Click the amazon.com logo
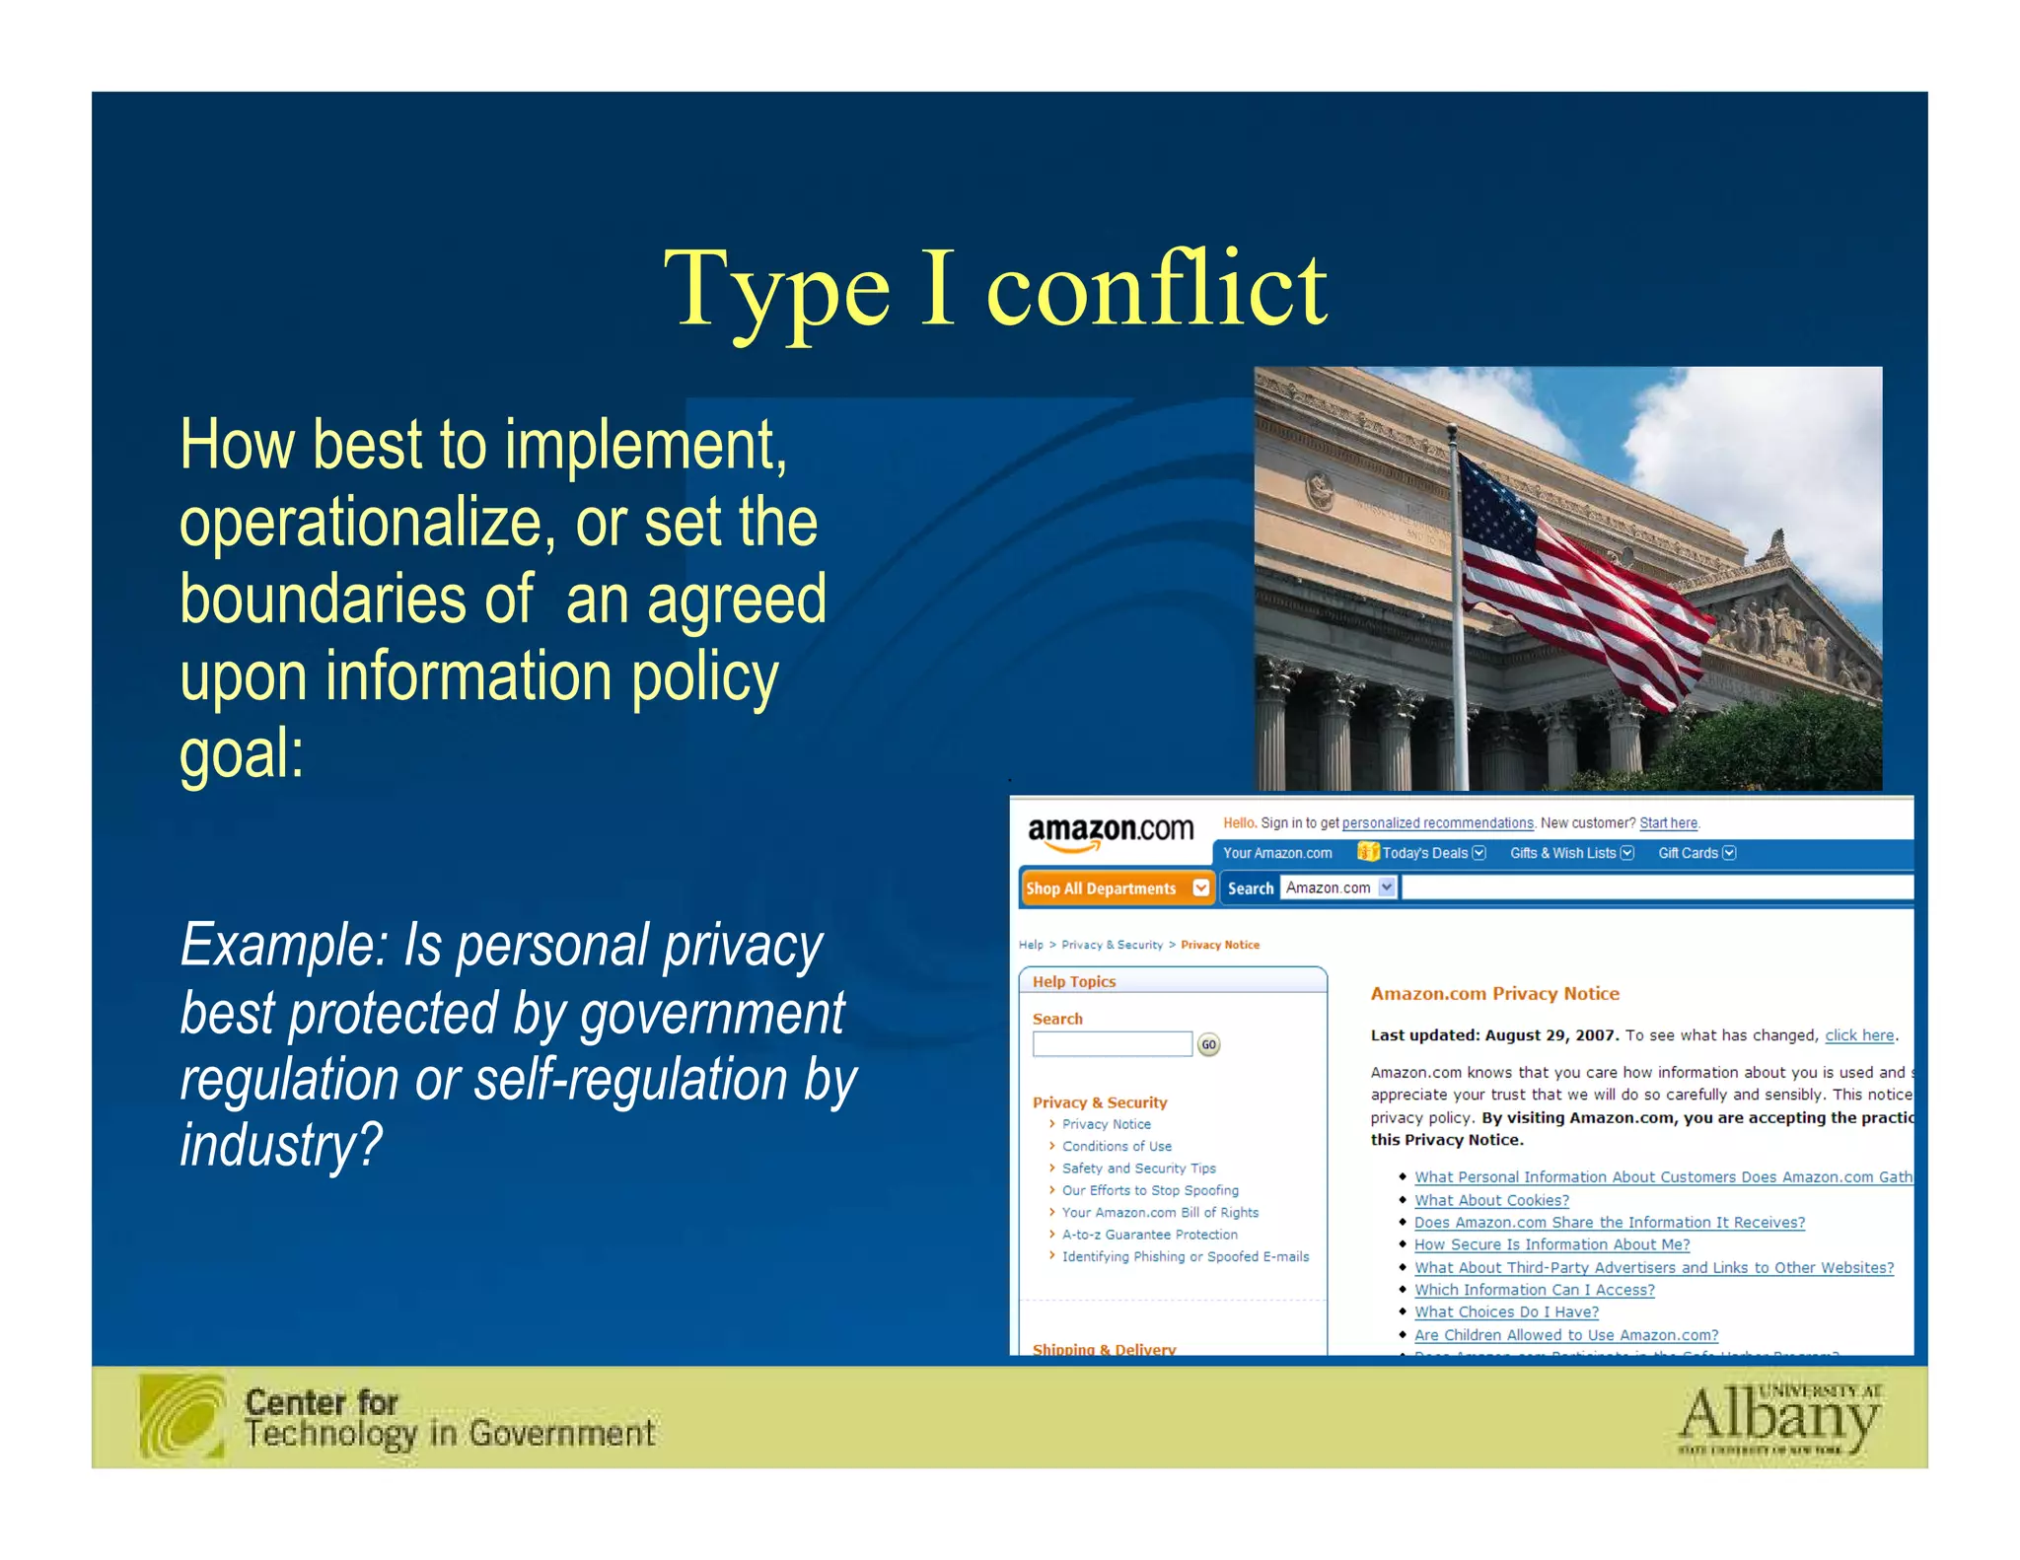pos(1110,831)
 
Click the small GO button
pos(1208,1044)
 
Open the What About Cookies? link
pos(1490,1200)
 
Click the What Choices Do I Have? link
pos(1506,1312)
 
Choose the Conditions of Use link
pos(1117,1146)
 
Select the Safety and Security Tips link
pos(1138,1169)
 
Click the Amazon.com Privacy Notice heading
pos(1494,994)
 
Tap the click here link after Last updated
pos(1858,1035)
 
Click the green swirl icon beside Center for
pos(182,1417)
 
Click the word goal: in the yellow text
pos(242,753)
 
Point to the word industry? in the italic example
pos(280,1145)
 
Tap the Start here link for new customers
pos(1668,823)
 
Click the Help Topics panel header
pos(1074,981)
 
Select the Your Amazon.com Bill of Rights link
pos(1160,1213)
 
